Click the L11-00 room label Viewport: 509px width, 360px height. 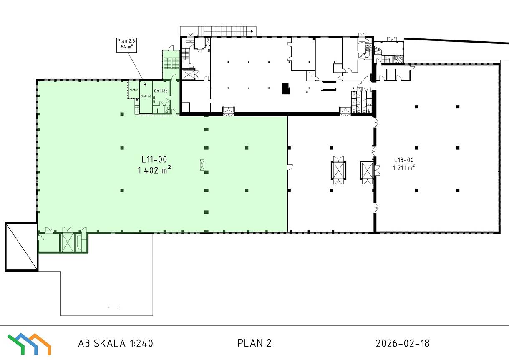[x=154, y=159]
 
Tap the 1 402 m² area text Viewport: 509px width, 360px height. [x=154, y=170]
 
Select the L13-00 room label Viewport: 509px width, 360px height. [x=404, y=160]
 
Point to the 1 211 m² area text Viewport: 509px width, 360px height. [x=404, y=168]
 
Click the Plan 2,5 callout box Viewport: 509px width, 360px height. [x=126, y=45]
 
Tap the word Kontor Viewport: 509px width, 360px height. [x=134, y=90]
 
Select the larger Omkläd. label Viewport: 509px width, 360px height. [x=161, y=91]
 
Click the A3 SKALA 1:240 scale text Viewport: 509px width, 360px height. [x=116, y=343]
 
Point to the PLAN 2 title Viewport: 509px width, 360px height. [x=254, y=343]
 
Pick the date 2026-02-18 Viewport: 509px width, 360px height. [x=403, y=343]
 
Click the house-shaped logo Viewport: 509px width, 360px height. [x=29, y=344]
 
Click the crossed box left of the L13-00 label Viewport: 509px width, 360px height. [x=367, y=170]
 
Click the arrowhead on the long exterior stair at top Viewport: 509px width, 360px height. [x=252, y=31]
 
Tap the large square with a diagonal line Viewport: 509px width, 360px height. [x=22, y=247]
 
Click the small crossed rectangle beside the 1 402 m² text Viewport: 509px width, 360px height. [x=202, y=165]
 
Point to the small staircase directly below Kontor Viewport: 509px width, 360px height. [x=136, y=107]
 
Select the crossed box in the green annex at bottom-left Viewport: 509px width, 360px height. [x=68, y=242]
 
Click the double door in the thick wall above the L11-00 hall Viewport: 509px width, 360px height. [x=228, y=111]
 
